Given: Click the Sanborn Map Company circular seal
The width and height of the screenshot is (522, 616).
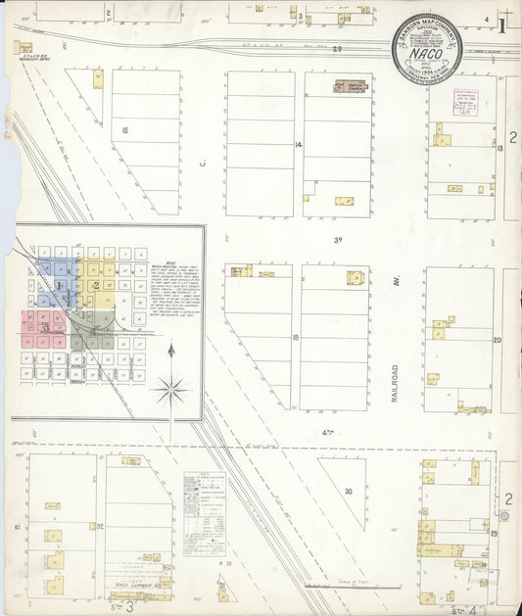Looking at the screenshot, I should click(427, 48).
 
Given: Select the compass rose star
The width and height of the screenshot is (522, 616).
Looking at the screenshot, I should click(170, 391).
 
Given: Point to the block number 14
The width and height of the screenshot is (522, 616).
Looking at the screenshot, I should click(297, 145).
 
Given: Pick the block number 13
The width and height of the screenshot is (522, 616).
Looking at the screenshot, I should click(498, 148).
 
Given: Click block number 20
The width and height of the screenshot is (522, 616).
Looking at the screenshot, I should click(498, 340).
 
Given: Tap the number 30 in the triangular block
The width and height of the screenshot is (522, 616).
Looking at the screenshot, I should click(348, 491).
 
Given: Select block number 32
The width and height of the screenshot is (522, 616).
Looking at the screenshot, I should click(101, 527).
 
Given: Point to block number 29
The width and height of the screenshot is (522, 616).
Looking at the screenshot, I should click(495, 532).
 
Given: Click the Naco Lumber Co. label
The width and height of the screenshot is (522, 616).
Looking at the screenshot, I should click(130, 585).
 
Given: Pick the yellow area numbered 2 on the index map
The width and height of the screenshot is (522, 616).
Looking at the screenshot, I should click(95, 284).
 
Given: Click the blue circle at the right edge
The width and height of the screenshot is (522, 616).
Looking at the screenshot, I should click(504, 515).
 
